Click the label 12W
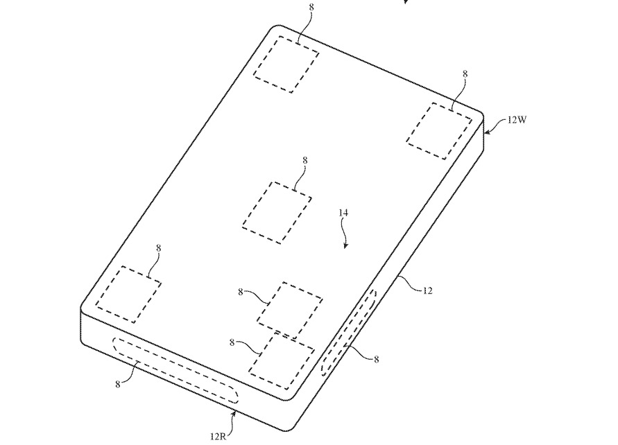tap(517, 120)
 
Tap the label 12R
tap(218, 437)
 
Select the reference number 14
tap(343, 213)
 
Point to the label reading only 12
tap(428, 291)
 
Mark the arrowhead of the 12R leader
tap(235, 413)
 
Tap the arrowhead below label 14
tap(345, 246)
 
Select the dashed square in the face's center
tap(277, 213)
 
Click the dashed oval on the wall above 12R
tap(175, 369)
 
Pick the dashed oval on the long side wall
tap(349, 332)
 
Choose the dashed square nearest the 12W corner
tap(439, 131)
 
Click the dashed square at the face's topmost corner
tap(286, 64)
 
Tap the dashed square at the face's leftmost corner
tap(128, 295)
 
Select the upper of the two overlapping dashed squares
tap(290, 311)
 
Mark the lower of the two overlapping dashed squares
tap(282, 360)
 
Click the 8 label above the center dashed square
tap(305, 160)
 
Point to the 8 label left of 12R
tap(117, 385)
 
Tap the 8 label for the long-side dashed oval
tap(377, 359)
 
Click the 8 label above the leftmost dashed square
tap(158, 248)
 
